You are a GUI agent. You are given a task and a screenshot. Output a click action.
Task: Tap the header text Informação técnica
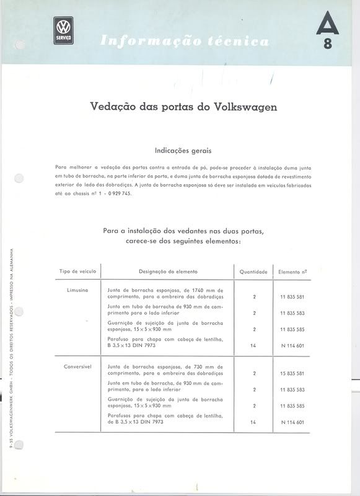[x=184, y=42]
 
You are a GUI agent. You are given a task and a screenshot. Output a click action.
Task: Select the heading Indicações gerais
[x=184, y=149]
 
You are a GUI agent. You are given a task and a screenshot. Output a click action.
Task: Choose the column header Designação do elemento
[x=169, y=271]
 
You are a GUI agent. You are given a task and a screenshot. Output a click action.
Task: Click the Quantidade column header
[x=253, y=272]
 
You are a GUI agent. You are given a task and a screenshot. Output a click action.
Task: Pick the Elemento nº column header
[x=293, y=271]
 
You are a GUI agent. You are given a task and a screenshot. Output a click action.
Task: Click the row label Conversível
[x=77, y=366]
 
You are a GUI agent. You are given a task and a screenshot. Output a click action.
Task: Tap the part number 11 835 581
[x=292, y=297]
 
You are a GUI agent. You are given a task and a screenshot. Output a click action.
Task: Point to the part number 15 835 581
[x=292, y=374]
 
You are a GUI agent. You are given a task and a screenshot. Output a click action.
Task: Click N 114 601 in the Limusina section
[x=292, y=345]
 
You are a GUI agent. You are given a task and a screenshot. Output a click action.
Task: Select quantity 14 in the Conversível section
[x=254, y=422]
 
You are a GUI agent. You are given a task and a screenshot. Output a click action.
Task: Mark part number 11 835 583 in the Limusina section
[x=292, y=313]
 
